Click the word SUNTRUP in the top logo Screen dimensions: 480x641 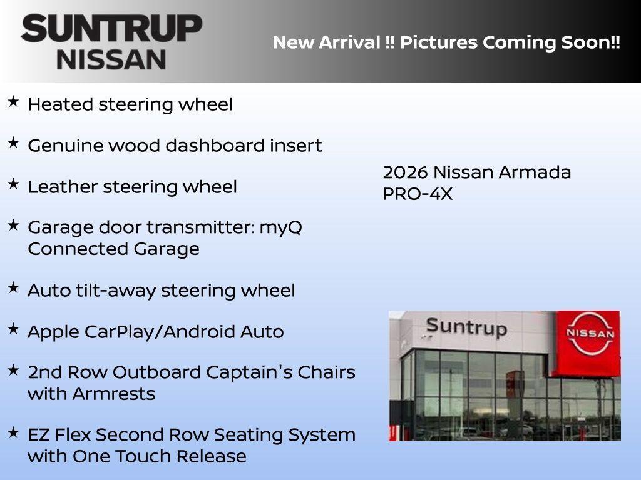111,29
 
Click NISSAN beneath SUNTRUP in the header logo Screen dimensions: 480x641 111,59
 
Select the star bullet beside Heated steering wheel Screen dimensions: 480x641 13,101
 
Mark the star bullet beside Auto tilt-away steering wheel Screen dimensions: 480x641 13,287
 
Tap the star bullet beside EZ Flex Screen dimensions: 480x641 13,432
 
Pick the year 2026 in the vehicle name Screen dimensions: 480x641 404,172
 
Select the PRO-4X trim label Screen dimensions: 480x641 417,194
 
